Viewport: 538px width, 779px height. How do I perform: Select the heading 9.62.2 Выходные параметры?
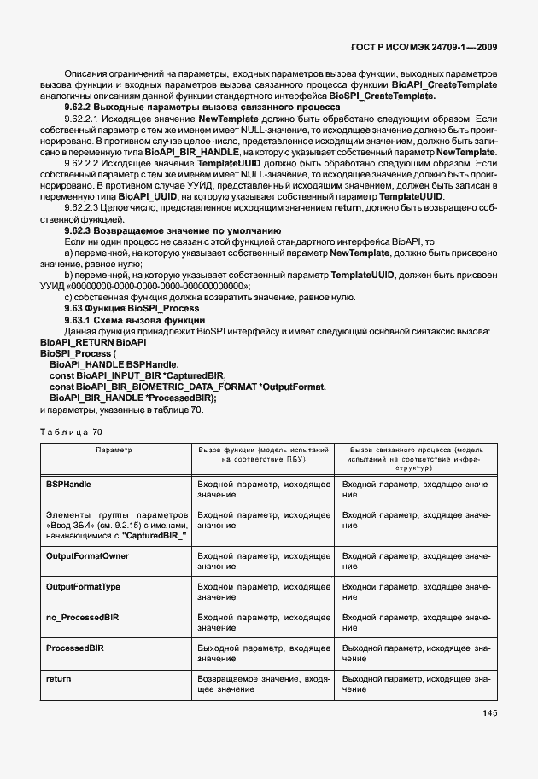pyautogui.click(x=191, y=108)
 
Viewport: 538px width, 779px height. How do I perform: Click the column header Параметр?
pyautogui.click(x=114, y=449)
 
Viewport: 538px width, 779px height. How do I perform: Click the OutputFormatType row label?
pyautogui.click(x=83, y=586)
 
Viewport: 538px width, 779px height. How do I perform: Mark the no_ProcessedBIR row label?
pyautogui.click(x=82, y=617)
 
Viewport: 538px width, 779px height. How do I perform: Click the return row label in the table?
pyautogui.click(x=58, y=678)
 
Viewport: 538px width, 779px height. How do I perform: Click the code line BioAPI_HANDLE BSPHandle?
pyautogui.click(x=108, y=363)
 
